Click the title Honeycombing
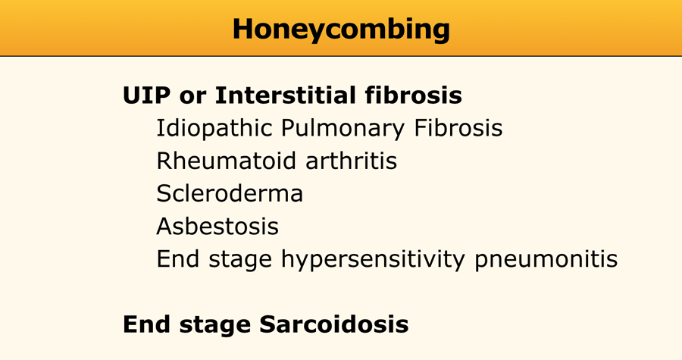[x=341, y=30]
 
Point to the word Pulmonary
[x=343, y=129]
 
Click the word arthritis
[x=352, y=161]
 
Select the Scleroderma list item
[x=230, y=193]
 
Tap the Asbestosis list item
[x=217, y=226]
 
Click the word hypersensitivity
[x=373, y=259]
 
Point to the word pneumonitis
[x=546, y=259]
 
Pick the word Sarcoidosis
[x=334, y=324]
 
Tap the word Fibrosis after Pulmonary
[x=458, y=128]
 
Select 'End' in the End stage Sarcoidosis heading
[x=146, y=324]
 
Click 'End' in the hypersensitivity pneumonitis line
[x=178, y=258]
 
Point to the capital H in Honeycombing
[x=243, y=30]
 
